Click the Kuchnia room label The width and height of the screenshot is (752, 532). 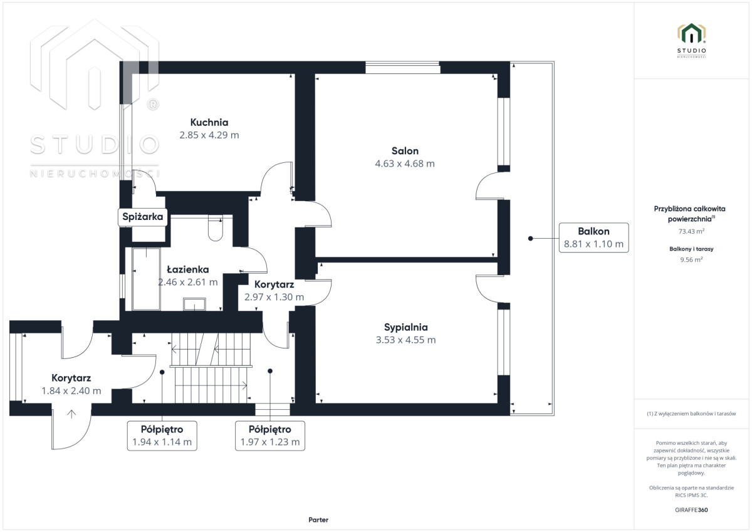209,122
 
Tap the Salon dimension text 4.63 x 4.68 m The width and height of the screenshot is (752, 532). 405,164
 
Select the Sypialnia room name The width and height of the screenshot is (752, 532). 406,327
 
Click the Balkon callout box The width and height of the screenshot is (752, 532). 593,237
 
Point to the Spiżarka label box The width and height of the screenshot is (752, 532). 143,217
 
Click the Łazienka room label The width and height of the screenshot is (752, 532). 188,269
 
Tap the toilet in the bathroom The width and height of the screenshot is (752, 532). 215,228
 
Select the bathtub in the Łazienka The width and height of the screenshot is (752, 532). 146,279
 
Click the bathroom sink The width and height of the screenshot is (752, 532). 194,304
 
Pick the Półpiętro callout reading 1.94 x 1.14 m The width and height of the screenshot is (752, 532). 162,436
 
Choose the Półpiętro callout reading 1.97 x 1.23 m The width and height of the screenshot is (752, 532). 270,436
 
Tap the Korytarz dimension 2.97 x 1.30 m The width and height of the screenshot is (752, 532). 274,297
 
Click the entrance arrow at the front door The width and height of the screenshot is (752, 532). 71,414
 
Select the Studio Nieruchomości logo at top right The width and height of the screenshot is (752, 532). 691,40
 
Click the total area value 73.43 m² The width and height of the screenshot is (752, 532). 691,231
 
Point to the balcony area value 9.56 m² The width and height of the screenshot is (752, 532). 691,259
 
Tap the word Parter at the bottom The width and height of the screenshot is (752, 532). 318,519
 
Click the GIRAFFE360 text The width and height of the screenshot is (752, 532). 691,510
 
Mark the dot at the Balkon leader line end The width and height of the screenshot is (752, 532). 530,238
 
